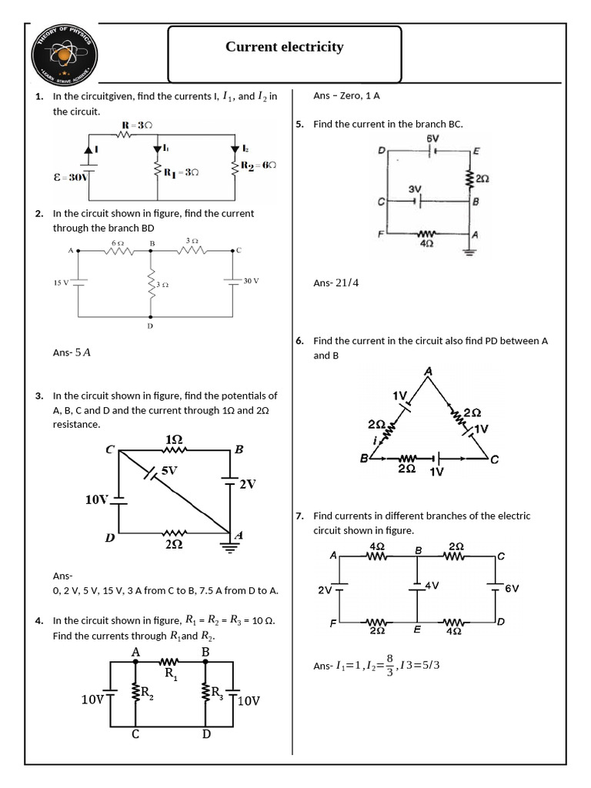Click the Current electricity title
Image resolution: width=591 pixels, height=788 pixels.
[x=284, y=47]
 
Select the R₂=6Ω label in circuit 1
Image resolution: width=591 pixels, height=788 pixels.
[x=259, y=165]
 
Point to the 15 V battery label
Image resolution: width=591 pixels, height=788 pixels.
[x=61, y=282]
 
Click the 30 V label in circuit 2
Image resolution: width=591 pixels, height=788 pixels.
[x=252, y=281]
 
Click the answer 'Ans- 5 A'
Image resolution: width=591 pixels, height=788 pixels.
[x=72, y=352]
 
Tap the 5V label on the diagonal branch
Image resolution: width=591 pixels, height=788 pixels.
[x=169, y=469]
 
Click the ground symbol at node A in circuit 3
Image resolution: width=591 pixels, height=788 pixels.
[x=228, y=547]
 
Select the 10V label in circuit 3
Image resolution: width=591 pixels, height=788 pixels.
[x=96, y=500]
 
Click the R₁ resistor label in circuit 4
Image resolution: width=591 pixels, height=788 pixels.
[x=172, y=673]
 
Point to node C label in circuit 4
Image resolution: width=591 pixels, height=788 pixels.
[x=135, y=734]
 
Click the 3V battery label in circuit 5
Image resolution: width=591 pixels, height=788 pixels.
[x=415, y=189]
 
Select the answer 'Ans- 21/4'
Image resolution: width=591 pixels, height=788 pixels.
[x=336, y=282]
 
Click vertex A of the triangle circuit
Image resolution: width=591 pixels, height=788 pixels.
[x=429, y=372]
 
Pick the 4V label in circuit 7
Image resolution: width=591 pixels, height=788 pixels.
[x=431, y=586]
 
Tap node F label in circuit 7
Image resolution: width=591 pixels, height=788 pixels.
[x=333, y=624]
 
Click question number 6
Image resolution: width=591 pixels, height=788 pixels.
[x=299, y=341]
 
